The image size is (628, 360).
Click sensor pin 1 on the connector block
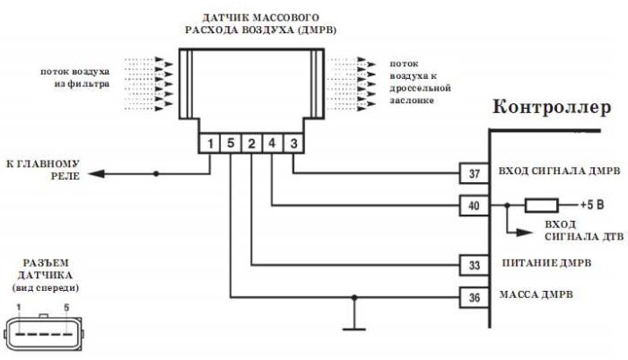coord(209,142)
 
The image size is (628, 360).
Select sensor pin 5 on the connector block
coord(231,142)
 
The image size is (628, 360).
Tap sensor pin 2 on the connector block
coord(252,142)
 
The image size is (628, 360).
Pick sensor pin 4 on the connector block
coord(273,142)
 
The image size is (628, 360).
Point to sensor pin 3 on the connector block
coord(294,142)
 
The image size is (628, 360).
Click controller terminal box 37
coord(475,172)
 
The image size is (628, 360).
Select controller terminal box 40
coord(475,205)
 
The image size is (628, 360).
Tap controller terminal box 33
coord(475,265)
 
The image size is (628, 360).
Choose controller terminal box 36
coord(475,295)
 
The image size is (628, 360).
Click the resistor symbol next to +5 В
coord(541,205)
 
